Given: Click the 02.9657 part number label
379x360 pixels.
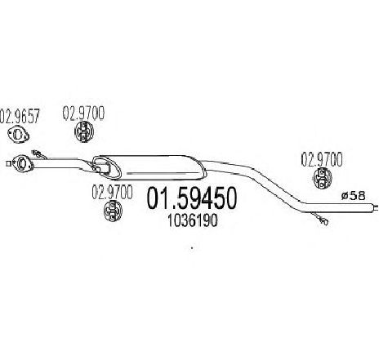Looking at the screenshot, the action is tap(20, 116).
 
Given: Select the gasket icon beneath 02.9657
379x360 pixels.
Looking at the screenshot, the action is tap(18, 135).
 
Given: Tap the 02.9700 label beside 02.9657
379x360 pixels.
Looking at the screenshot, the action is tap(83, 113).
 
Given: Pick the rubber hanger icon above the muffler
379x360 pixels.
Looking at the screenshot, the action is tap(84, 132).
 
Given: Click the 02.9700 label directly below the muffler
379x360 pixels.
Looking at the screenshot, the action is tap(112, 192).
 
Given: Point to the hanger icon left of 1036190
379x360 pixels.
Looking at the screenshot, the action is tap(113, 211).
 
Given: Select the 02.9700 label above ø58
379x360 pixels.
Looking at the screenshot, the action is tap(322, 160).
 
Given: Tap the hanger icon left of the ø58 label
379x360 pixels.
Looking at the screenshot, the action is tap(322, 178).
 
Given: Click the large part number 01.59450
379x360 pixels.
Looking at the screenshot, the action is tap(192, 198).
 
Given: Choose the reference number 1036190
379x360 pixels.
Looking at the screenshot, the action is tap(193, 220).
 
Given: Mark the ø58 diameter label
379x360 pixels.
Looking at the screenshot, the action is tap(353, 196).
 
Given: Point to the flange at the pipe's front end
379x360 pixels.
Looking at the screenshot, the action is tap(22, 163).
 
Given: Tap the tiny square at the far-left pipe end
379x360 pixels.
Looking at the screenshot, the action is tap(8, 163).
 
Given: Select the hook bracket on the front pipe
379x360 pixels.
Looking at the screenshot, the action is tap(38, 154).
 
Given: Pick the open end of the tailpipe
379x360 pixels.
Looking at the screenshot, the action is tap(375, 207).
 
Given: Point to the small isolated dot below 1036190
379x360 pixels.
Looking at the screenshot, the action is tap(192, 247).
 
